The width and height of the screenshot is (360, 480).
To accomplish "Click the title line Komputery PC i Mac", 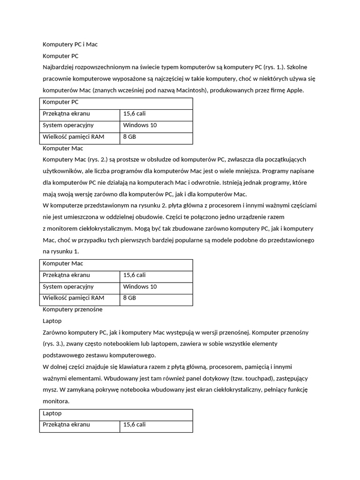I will coord(70,45).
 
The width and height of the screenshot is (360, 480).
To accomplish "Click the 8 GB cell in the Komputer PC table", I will coord(129,137).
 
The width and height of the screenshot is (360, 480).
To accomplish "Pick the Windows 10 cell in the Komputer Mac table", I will coord(140,286).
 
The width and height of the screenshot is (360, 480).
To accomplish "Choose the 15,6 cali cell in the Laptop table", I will coord(134,424).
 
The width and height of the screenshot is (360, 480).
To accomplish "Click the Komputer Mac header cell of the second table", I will coord(63,263).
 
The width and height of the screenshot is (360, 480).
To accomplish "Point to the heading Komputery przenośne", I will coord(72,309).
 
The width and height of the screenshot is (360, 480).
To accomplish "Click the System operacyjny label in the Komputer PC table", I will coord(68,125).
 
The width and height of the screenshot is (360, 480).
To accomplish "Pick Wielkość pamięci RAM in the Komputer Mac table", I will coord(73,298).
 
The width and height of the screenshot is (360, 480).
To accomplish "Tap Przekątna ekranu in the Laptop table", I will coord(66,424).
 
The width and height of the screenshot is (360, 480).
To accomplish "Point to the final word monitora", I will coord(55,401).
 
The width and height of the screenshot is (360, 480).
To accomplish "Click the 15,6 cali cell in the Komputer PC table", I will coord(134,113).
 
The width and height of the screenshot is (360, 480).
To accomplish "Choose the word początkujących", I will coord(283,159).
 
